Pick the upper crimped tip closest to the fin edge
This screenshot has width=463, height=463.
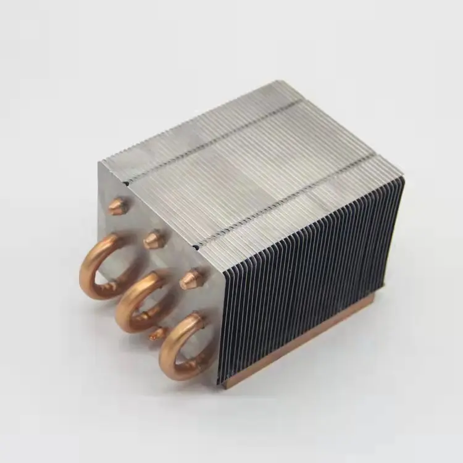click(x=190, y=279)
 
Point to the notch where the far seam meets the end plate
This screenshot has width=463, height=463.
click(x=126, y=181)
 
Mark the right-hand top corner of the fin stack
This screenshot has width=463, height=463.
click(x=403, y=177)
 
